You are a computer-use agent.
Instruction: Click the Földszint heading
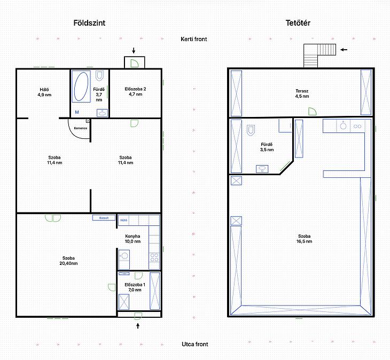[89, 23]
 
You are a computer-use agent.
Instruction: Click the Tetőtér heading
[298, 23]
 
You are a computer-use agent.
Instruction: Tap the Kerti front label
[194, 39]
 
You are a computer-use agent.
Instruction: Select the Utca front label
[195, 344]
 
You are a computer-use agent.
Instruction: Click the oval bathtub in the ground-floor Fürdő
[81, 87]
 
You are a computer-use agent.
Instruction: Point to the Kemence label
[81, 128]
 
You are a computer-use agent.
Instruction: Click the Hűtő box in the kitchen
[123, 220]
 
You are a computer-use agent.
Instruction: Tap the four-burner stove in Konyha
[154, 257]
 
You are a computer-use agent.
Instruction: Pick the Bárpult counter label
[104, 218]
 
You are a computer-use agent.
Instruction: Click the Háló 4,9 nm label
[44, 92]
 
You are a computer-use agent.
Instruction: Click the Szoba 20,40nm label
[68, 261]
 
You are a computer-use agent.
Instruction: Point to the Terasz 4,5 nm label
[302, 93]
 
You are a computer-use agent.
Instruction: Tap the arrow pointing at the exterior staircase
[344, 50]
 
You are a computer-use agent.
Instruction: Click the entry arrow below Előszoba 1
[138, 326]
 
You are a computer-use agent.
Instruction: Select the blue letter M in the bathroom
[77, 112]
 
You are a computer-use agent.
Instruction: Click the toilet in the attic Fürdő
[251, 130]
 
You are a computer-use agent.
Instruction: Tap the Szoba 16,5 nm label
[304, 239]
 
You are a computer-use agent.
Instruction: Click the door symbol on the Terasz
[313, 112]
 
